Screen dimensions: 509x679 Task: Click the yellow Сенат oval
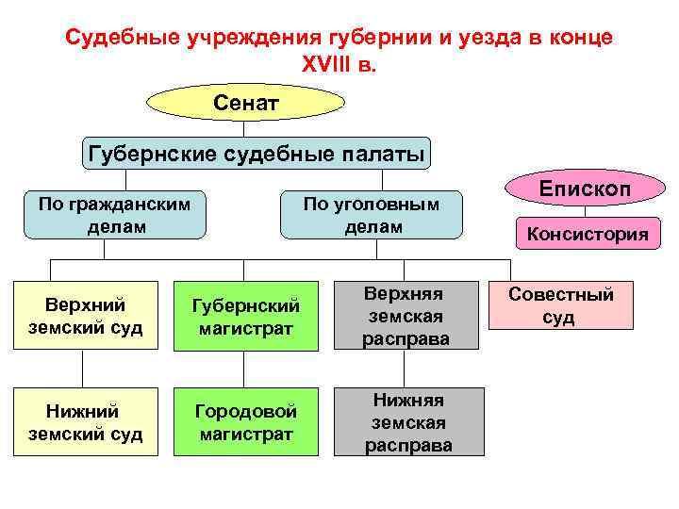coord(245,101)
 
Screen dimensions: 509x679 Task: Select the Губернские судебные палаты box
coord(255,153)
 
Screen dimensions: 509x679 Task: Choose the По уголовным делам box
coord(372,214)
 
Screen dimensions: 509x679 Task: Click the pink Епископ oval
coord(584,188)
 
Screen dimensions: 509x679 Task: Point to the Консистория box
coord(586,234)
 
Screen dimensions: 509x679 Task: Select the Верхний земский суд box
coord(85,316)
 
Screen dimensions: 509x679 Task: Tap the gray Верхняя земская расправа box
coord(406,314)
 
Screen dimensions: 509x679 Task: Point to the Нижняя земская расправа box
coord(408,421)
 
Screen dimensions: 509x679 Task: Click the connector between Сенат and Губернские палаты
coord(245,128)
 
